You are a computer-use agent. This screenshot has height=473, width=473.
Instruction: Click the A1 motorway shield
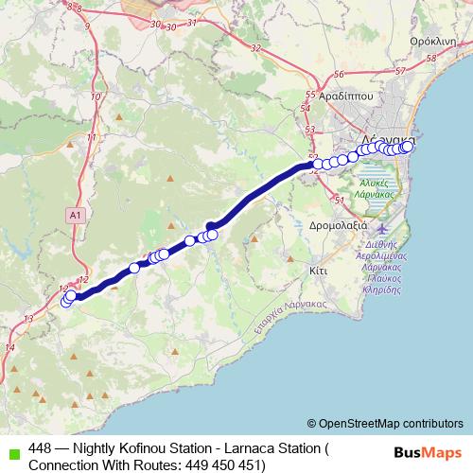click(75, 216)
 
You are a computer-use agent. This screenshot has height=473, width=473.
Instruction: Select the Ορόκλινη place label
click(436, 43)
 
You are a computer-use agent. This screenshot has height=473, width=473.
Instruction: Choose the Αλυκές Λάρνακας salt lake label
click(377, 185)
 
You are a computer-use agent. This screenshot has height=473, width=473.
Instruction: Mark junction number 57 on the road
click(400, 71)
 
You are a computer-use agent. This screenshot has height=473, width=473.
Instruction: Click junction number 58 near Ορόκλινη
click(432, 59)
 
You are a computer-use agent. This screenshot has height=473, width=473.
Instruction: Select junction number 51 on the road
click(338, 200)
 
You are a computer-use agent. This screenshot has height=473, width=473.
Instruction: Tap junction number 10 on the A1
click(95, 96)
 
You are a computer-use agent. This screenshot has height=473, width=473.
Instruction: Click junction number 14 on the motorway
click(10, 347)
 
